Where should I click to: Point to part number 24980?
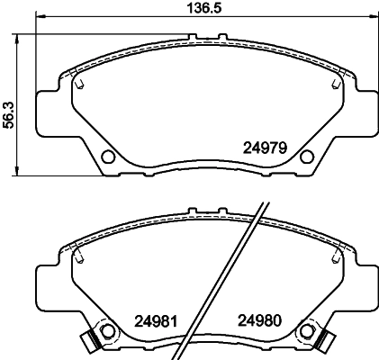260,319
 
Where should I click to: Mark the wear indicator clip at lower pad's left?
88,342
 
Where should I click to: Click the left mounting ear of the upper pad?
47,110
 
